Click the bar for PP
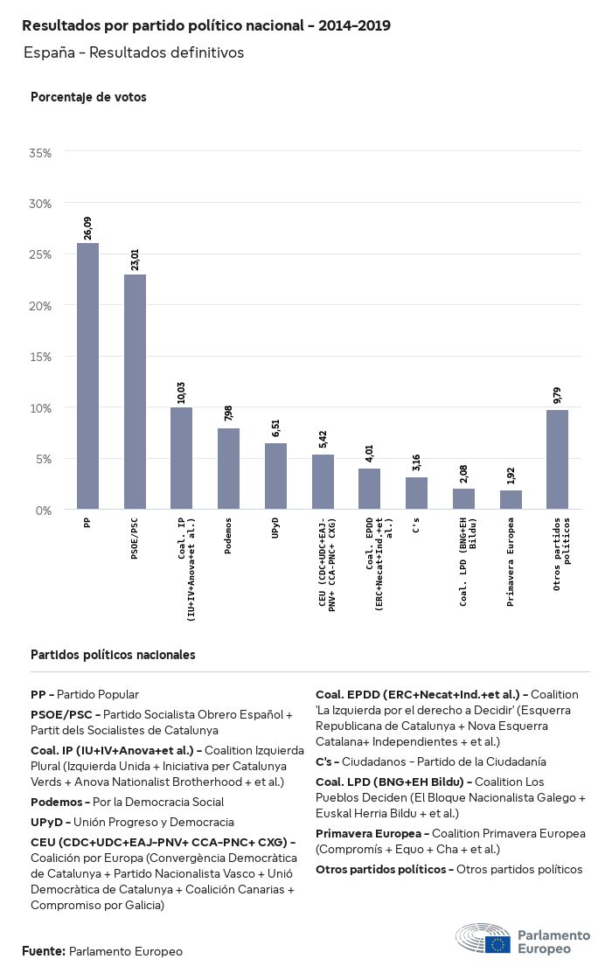pyautogui.click(x=87, y=376)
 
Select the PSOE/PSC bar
pyautogui.click(x=135, y=392)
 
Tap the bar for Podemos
pyautogui.click(x=228, y=469)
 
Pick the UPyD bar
pyautogui.click(x=275, y=476)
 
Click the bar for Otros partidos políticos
pyautogui.click(x=557, y=459)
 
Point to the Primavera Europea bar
pyautogui.click(x=511, y=499)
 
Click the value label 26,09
pyautogui.click(x=87, y=228)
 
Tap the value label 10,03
pyautogui.click(x=181, y=392)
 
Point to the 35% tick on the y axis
pyautogui.click(x=41, y=153)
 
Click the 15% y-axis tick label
pyautogui.click(x=41, y=357)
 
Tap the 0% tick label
pyautogui.click(x=45, y=510)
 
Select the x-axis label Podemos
pyautogui.click(x=228, y=541)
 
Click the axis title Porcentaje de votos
pyautogui.click(x=88, y=97)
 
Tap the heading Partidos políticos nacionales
pyautogui.click(x=113, y=654)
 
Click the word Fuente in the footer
pyautogui.click(x=43, y=950)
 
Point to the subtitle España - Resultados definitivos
pyautogui.click(x=134, y=52)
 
